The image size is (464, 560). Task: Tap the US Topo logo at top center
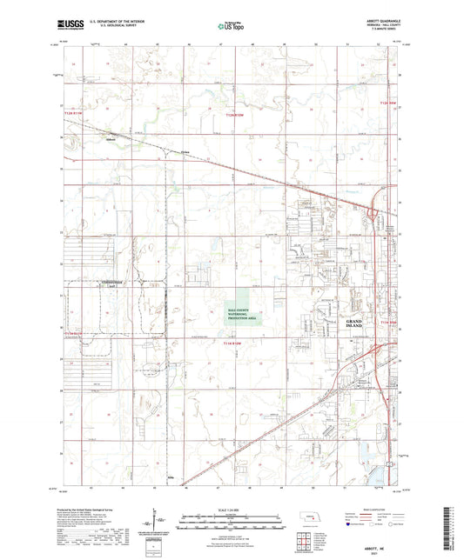pyautogui.click(x=225, y=27)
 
